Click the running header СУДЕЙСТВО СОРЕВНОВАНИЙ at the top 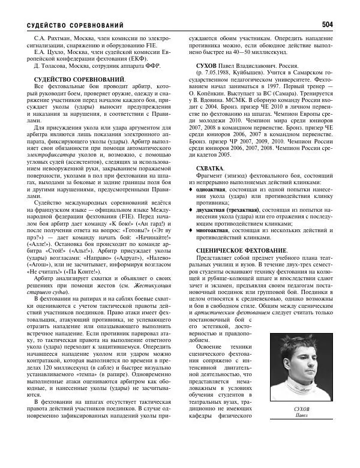click(76, 25)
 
